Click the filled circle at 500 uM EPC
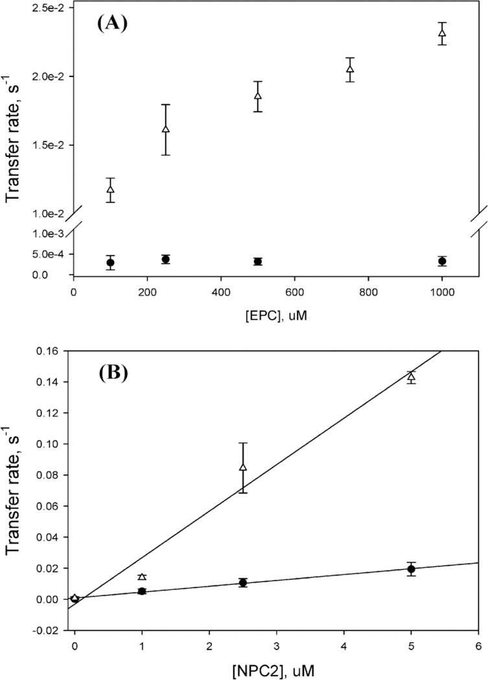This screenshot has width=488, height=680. (x=258, y=262)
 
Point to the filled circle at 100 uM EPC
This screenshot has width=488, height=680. (x=111, y=263)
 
